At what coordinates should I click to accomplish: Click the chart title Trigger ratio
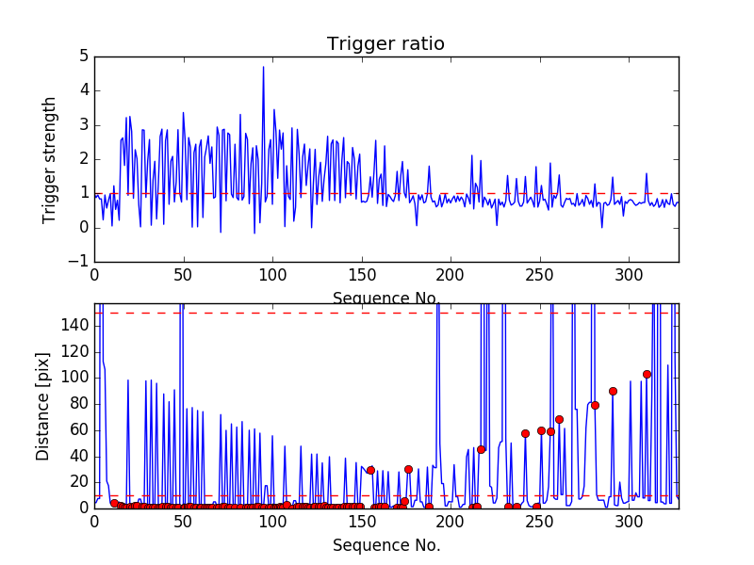385,44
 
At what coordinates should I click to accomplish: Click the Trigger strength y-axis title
50,159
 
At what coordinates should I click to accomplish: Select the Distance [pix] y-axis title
43,406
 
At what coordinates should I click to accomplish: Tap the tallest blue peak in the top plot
263,67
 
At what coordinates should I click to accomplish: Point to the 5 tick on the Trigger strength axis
83,56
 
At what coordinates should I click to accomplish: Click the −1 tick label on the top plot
78,262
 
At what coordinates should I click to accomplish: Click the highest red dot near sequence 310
647,374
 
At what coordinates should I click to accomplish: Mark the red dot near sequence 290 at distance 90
613,391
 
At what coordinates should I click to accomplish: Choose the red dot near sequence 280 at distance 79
595,405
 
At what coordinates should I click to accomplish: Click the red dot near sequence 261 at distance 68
559,419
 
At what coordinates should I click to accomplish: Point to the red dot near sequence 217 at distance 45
481,449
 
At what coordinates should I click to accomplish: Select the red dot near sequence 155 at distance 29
370,470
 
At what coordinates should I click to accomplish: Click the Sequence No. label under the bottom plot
386,545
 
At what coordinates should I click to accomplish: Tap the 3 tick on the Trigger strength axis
83,125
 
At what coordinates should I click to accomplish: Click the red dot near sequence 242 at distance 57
525,433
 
